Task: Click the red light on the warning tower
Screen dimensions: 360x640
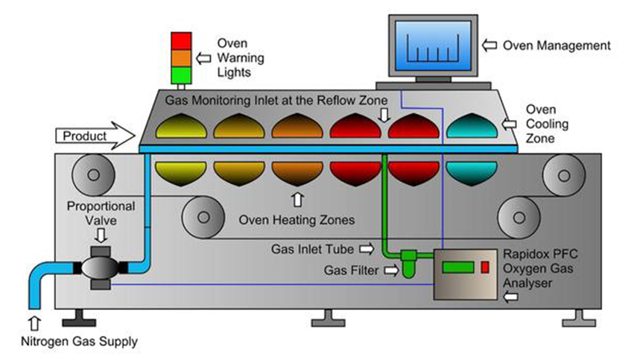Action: pyautogui.click(x=181, y=40)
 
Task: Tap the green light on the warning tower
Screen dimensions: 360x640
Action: pyautogui.click(x=181, y=75)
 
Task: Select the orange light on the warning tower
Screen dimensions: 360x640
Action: pyautogui.click(x=181, y=57)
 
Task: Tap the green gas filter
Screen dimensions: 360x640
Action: pyautogui.click(x=409, y=266)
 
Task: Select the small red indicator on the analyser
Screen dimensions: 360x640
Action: pyautogui.click(x=485, y=266)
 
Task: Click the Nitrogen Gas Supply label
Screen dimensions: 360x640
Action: pyautogui.click(x=73, y=341)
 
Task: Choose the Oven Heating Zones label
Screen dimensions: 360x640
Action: pyautogui.click(x=297, y=220)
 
